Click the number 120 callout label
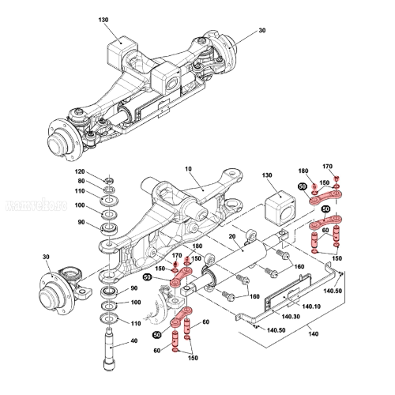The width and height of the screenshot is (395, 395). (x=80, y=171)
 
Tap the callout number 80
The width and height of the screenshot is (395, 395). (x=80, y=181)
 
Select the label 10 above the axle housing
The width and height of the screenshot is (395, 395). (x=188, y=169)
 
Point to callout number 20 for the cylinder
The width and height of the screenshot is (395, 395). (x=232, y=237)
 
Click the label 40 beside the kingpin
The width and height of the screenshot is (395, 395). (x=134, y=341)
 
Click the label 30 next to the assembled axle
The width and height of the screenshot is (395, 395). (x=263, y=32)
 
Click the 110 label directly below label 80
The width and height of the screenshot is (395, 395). (x=80, y=191)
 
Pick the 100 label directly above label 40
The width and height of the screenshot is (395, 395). (x=135, y=302)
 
